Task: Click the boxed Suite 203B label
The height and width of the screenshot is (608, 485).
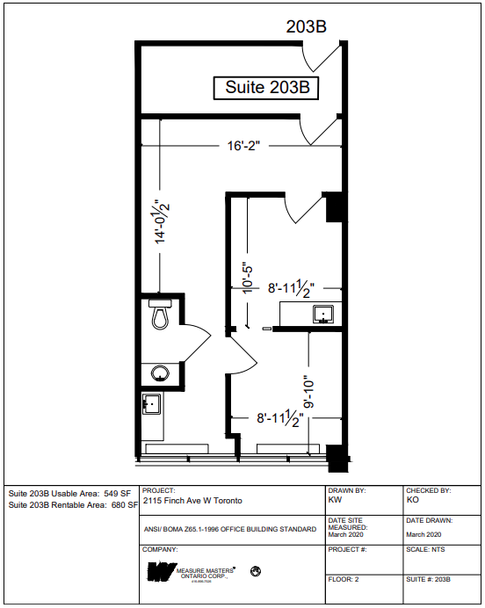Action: click(266, 88)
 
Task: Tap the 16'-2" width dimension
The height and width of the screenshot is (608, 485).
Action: click(240, 147)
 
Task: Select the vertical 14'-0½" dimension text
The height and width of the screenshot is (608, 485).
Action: click(161, 224)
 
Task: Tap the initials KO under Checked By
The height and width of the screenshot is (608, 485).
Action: click(413, 500)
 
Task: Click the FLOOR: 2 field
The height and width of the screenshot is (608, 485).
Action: click(344, 580)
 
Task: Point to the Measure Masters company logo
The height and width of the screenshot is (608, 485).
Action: click(161, 574)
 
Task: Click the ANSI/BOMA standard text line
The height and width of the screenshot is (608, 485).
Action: click(229, 530)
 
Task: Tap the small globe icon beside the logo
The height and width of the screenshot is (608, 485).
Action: click(256, 572)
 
